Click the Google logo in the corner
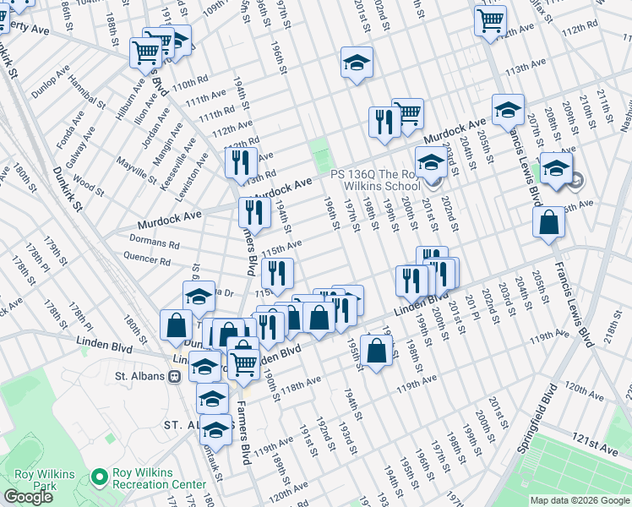tap(28, 497)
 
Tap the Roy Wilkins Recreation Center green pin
tap(99, 478)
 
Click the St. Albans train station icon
tap(173, 377)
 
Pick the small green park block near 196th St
tap(319, 155)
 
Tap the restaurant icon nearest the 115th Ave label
tap(277, 273)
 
